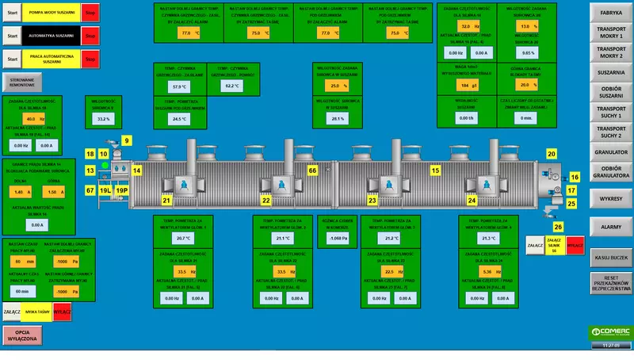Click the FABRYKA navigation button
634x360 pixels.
pos(610,13)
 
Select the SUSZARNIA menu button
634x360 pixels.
pos(610,72)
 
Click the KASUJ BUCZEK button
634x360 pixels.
pos(610,258)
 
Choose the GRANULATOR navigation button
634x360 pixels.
pos(610,151)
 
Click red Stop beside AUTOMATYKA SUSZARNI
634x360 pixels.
pos(90,36)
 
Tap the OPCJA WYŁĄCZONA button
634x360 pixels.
pos(22,336)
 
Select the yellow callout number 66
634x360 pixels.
pos(312,170)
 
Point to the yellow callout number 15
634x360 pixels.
pos(435,170)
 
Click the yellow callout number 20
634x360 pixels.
pos(552,153)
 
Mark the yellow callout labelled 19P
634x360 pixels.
pos(122,191)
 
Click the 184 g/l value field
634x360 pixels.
pos(464,84)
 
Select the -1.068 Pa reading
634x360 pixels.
pos(338,238)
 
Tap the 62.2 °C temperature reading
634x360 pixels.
pos(231,86)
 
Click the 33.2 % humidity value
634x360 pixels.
pos(103,119)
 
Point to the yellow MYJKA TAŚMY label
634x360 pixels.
pos(36,312)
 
